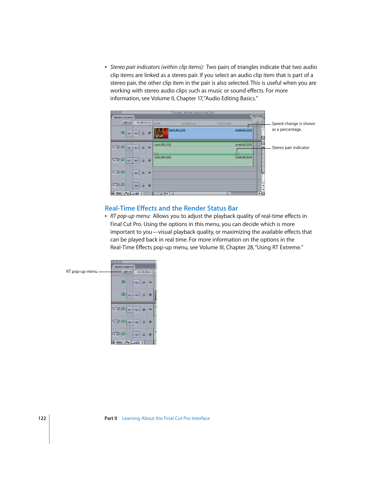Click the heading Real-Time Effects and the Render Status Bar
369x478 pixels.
tap(171, 208)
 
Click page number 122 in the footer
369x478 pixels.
tap(42, 418)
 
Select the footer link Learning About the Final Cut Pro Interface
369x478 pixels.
tap(166, 418)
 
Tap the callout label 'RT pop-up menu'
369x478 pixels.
tap(82, 272)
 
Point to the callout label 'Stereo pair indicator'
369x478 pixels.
tap(290, 148)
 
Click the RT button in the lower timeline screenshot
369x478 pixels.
tap(127, 272)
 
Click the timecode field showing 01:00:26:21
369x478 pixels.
tap(144, 272)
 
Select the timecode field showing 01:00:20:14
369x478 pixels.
tap(143, 123)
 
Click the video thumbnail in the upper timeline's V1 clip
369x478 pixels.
tap(161, 134)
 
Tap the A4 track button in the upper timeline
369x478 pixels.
tap(136, 186)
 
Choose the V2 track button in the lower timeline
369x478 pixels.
tap(137, 283)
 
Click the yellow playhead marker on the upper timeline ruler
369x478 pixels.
tap(257, 122)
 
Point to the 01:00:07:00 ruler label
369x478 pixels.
tap(189, 124)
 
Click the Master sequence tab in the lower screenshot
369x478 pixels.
tap(124, 267)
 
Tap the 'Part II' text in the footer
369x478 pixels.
tap(111, 418)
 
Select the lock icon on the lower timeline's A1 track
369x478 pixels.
tap(143, 310)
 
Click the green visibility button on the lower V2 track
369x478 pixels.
tap(123, 283)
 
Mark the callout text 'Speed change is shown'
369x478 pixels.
tap(293, 124)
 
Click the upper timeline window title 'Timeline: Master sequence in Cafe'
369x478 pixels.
tap(193, 113)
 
